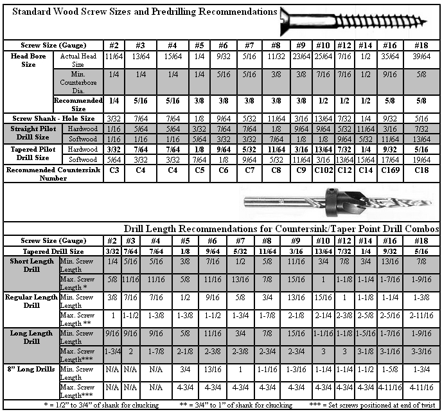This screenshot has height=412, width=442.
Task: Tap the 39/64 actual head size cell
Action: click(x=420, y=57)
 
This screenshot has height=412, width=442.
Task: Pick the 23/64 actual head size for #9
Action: click(x=299, y=57)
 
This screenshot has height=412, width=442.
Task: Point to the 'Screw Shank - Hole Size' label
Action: click(x=53, y=118)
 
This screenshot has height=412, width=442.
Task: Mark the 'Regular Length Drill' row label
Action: click(x=28, y=301)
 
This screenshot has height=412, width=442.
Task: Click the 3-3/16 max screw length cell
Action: click(x=420, y=352)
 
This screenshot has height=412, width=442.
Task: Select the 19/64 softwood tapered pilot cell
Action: click(x=420, y=159)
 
